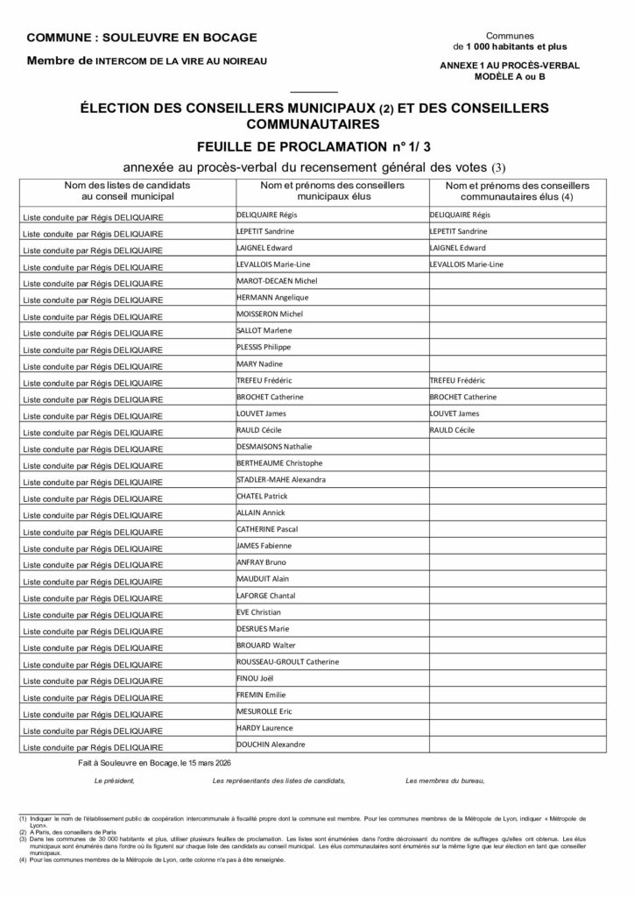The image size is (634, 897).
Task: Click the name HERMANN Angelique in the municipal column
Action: coord(266,298)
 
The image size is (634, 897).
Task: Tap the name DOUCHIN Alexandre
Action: coord(271,745)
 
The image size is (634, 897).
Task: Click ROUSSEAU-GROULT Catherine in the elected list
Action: coord(287,661)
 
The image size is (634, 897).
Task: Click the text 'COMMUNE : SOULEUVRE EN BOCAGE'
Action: coord(142,38)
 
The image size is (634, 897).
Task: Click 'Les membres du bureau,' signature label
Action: coord(444,780)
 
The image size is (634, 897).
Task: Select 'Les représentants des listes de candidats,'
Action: coord(278,780)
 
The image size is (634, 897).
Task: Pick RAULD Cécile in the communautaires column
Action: coord(452,430)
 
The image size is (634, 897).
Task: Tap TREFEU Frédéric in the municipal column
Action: coord(264,381)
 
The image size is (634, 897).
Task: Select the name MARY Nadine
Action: coord(259,364)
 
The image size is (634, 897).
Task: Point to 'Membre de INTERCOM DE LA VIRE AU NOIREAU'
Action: coord(146,61)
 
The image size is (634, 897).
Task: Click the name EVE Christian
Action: coord(258,612)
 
